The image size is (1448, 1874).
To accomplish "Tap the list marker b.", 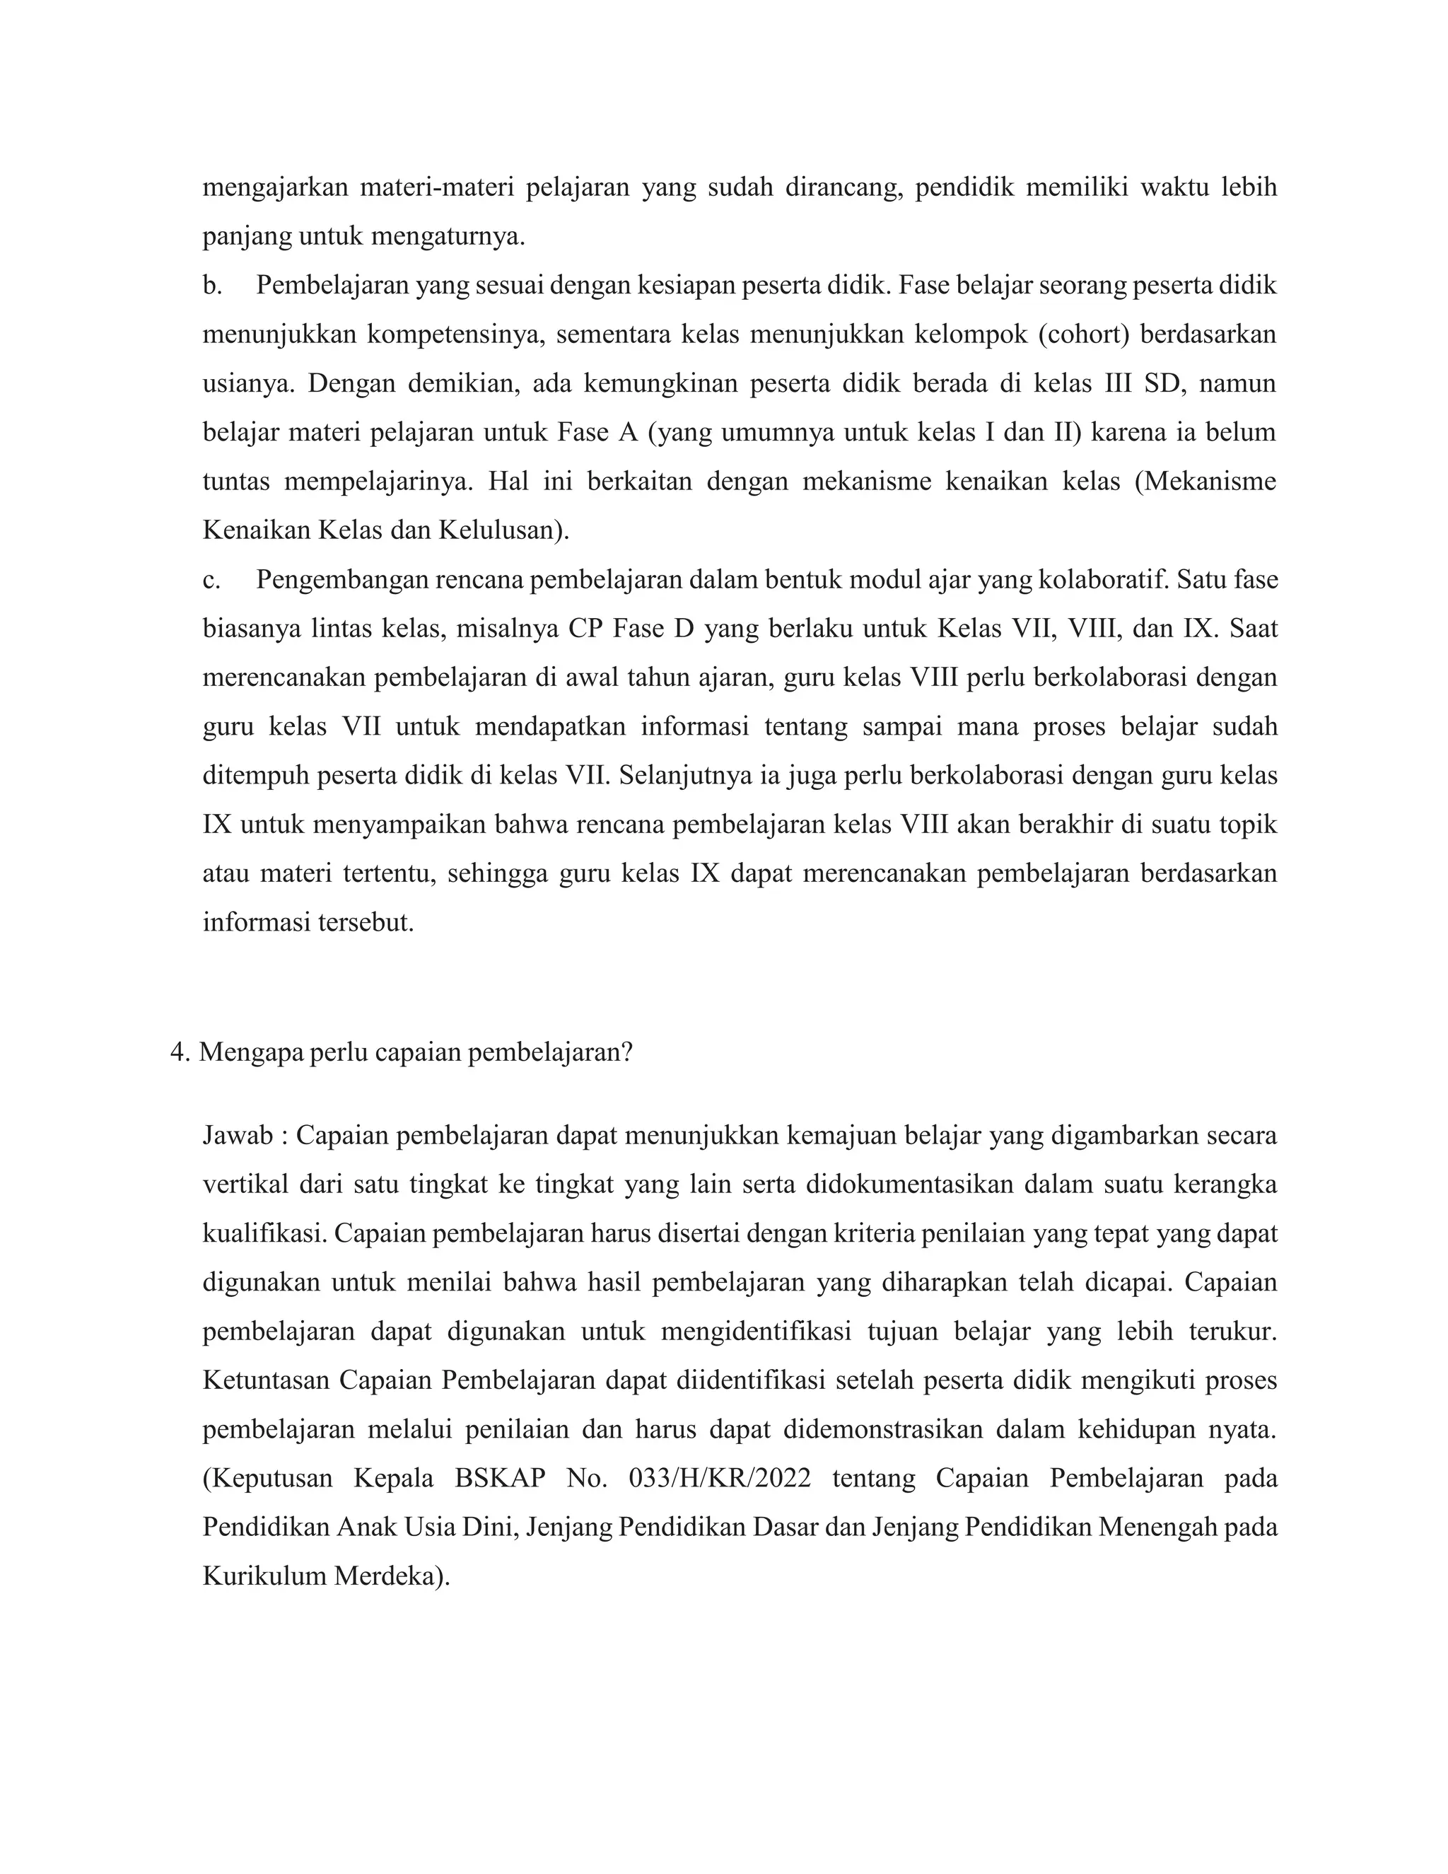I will click(212, 286).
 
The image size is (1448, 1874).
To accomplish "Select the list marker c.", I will click(211, 580).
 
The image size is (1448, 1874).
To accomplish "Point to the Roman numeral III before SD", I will click(1114, 383).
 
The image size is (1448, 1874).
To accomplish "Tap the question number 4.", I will click(178, 1052).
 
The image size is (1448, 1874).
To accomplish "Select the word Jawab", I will click(238, 1135).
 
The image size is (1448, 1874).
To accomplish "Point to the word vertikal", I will click(245, 1184).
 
